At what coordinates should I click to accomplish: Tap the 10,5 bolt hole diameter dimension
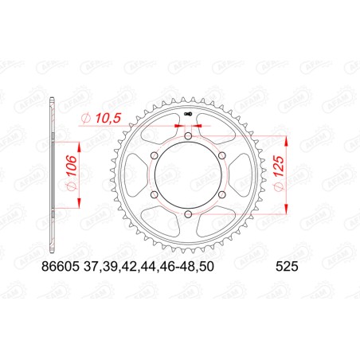pos(107,119)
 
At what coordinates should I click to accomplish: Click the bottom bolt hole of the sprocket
pos(186,213)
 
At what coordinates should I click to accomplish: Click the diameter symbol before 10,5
pos(86,119)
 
